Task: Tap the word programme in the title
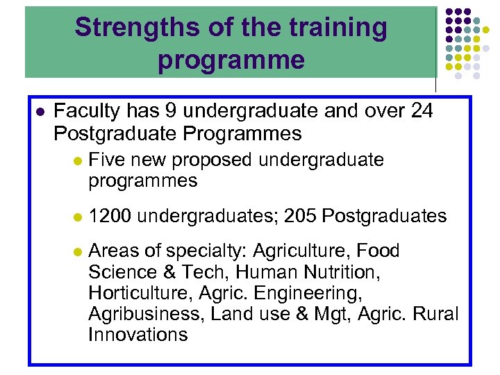[231, 60]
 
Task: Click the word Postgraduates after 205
[385, 216]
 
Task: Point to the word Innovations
[137, 334]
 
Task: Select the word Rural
[435, 313]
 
